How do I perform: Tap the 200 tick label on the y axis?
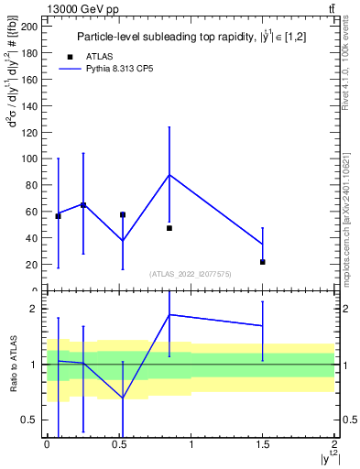tap(29, 27)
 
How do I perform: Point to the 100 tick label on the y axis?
tap(29, 158)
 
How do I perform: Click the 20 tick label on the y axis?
tap(32, 265)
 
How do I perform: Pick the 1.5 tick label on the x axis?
tap(263, 444)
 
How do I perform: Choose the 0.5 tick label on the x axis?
tap(119, 444)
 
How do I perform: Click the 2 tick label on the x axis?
tap(334, 444)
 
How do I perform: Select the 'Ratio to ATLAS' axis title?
tap(13, 364)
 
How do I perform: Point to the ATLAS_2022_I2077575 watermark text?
tap(191, 274)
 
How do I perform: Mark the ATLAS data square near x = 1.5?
tap(263, 262)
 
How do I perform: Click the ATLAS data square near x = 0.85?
tap(169, 228)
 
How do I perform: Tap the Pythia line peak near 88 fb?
tap(169, 174)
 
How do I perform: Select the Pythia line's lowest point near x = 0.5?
tap(123, 241)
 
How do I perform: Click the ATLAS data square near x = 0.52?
tap(123, 214)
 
